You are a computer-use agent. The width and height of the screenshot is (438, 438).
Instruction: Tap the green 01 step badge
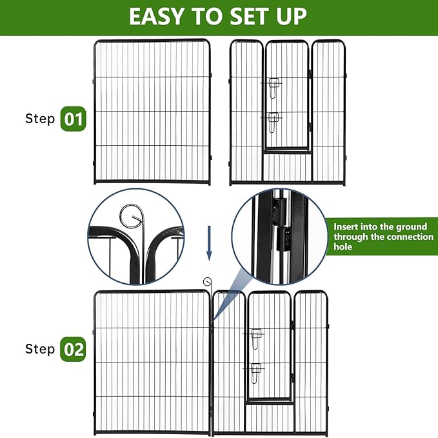tap(73, 119)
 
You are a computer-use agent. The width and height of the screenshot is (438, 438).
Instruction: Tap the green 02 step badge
tap(73, 349)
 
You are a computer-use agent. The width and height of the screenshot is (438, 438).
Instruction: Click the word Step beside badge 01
tap(40, 119)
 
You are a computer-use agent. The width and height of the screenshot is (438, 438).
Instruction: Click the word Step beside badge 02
tap(40, 349)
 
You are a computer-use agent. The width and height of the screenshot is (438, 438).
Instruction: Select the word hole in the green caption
tap(343, 247)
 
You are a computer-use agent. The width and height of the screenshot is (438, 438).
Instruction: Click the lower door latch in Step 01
tap(274, 120)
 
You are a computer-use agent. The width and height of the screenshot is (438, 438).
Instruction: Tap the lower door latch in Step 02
tap(256, 370)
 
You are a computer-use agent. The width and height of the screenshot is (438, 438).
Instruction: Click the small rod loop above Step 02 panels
tap(207, 281)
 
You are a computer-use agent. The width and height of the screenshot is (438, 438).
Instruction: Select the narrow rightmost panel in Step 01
tap(328, 113)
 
